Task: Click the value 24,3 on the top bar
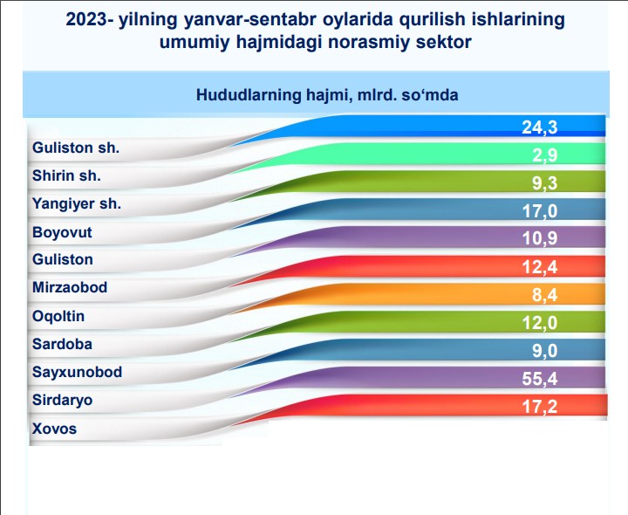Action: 540,127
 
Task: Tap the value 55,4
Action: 540,379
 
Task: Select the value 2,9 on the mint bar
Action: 544,155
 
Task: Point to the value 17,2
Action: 540,407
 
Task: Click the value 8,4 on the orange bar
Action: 544,295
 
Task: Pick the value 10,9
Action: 540,238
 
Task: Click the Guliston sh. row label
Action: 76,148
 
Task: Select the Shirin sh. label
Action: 66,175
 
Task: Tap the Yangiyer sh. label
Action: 77,204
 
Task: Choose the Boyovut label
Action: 62,232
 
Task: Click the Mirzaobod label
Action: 70,287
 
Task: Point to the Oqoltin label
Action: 58,316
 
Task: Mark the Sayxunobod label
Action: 77,372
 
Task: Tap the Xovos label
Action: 54,429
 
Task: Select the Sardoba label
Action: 62,344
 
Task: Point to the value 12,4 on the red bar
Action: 540,267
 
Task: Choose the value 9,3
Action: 544,183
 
